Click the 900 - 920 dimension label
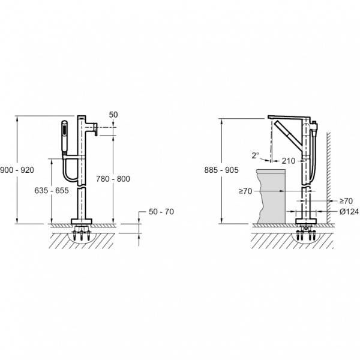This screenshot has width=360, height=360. [x=17, y=170]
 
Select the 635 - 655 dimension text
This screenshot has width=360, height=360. [x=52, y=190]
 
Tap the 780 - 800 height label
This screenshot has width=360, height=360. [x=113, y=179]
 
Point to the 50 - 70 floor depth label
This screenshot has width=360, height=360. [x=161, y=212]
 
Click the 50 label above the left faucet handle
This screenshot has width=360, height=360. [x=113, y=115]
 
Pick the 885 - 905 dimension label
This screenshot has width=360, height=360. [x=221, y=170]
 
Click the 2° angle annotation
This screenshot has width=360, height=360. [x=256, y=155]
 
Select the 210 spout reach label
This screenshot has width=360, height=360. [x=289, y=161]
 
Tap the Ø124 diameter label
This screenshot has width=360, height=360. [x=349, y=212]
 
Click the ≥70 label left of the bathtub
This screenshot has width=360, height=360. [x=245, y=191]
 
